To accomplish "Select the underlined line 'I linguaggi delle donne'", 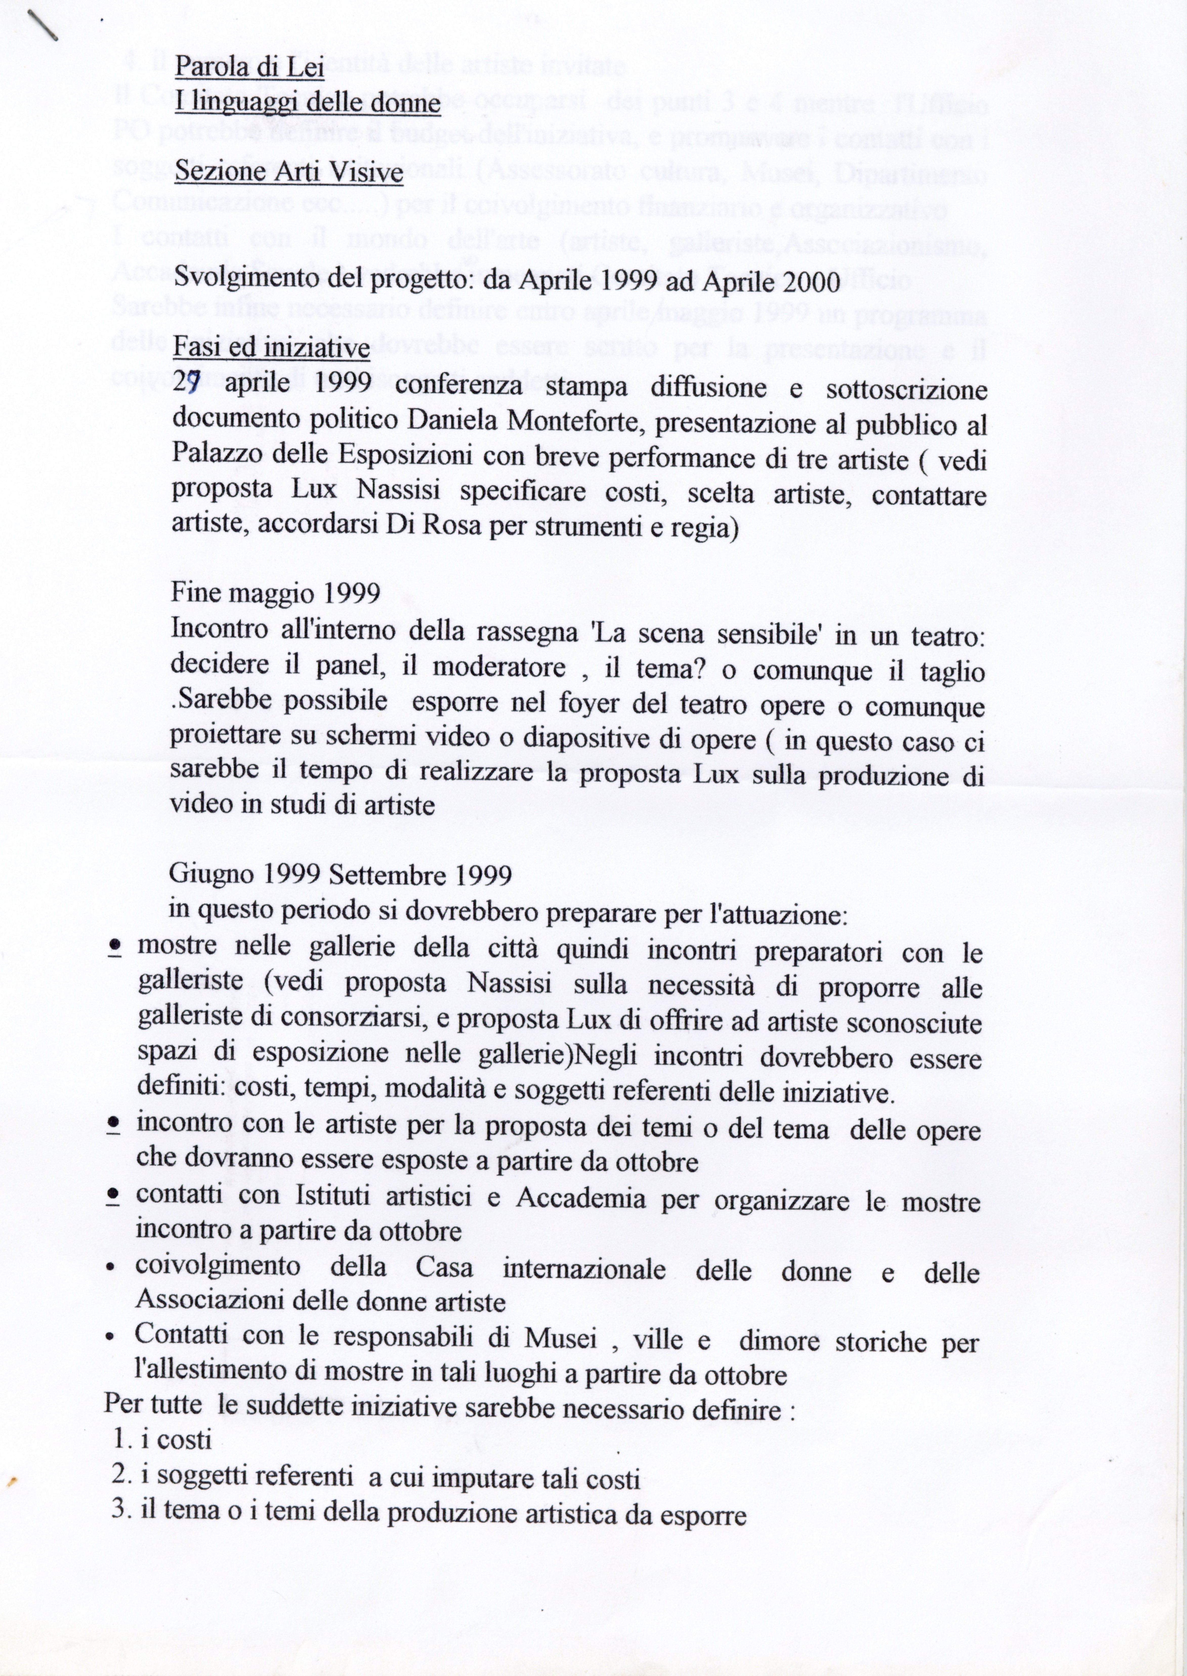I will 307,104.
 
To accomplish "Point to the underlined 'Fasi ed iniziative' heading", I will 270,347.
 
